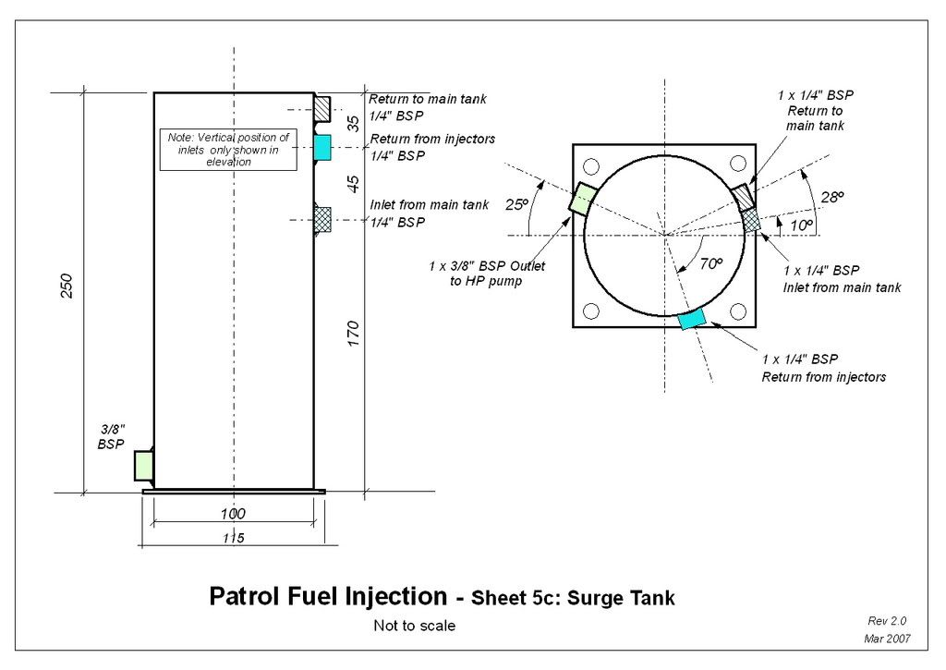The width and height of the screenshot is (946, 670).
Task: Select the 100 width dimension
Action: click(x=233, y=513)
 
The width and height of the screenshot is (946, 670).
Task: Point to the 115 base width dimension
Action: click(x=233, y=538)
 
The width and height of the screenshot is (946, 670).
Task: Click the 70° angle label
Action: click(x=709, y=264)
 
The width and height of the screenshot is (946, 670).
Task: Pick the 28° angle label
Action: click(x=832, y=197)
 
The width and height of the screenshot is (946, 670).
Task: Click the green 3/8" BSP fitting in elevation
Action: click(x=143, y=465)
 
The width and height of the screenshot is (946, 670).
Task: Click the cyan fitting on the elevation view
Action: click(x=322, y=147)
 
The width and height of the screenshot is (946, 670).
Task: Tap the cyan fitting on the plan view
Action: click(x=692, y=318)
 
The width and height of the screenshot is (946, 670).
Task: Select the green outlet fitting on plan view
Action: click(x=583, y=198)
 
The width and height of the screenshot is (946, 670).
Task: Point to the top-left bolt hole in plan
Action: click(x=591, y=166)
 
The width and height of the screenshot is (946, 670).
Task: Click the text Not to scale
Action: click(x=414, y=626)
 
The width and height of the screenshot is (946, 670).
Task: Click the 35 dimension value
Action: click(x=353, y=124)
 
